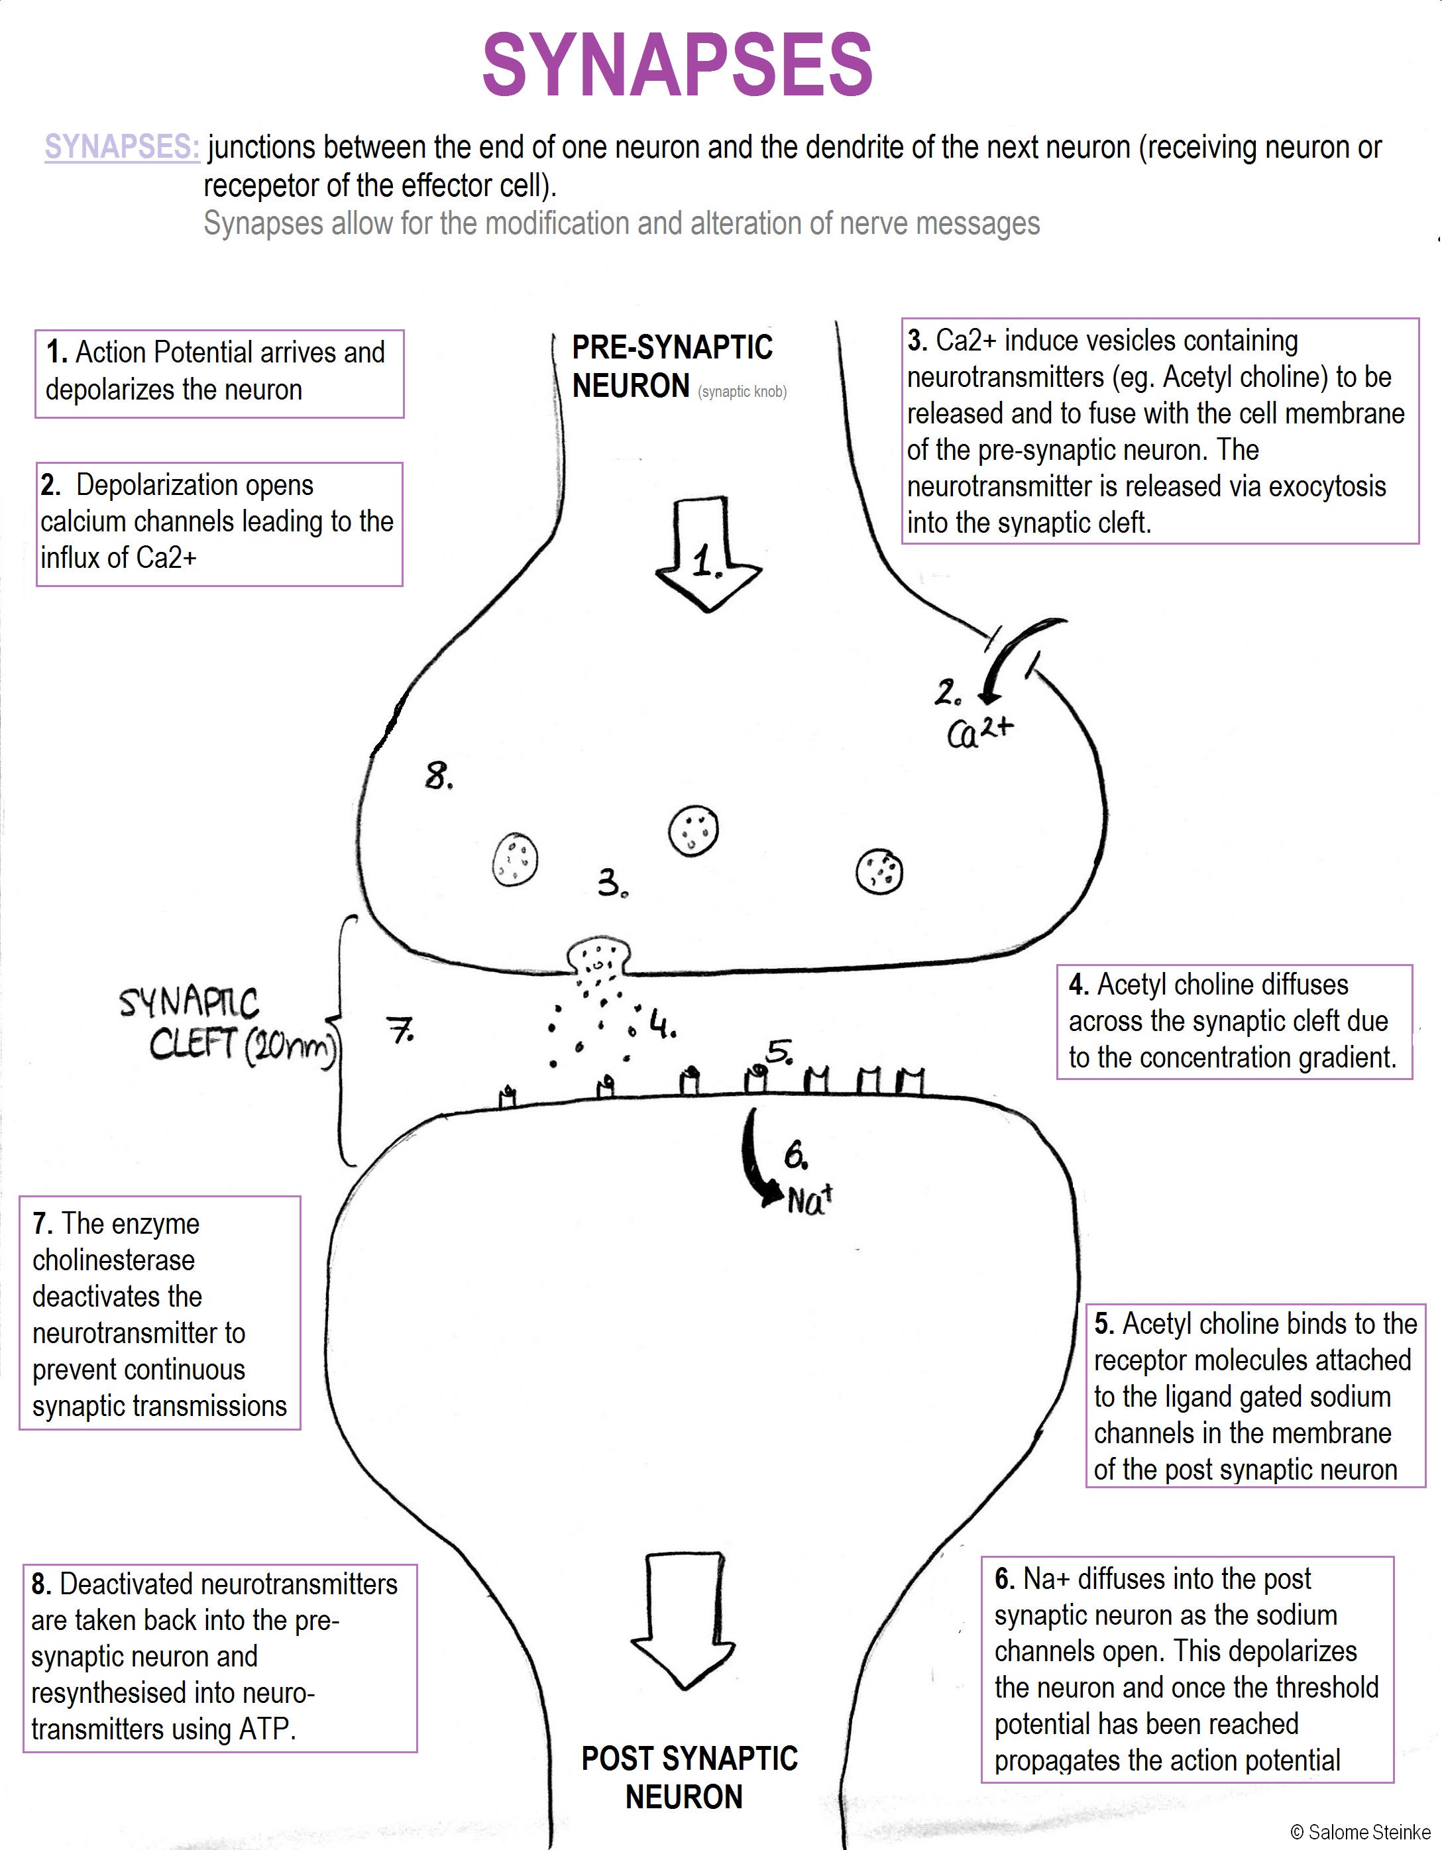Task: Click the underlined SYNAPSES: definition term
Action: pos(122,146)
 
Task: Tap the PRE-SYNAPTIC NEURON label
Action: pos(671,366)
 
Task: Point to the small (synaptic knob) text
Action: pos(742,392)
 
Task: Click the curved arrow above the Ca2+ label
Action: pos(1017,657)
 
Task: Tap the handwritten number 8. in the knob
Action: pos(438,775)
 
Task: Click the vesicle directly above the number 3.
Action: pos(693,831)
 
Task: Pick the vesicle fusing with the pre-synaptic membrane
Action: pos(599,958)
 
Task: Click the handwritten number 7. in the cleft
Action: pos(401,1030)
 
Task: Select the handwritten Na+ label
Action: pos(810,1199)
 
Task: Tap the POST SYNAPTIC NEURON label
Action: pos(688,1776)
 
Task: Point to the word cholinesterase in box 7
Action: pos(113,1260)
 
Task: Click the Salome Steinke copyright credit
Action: pos(1360,1832)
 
